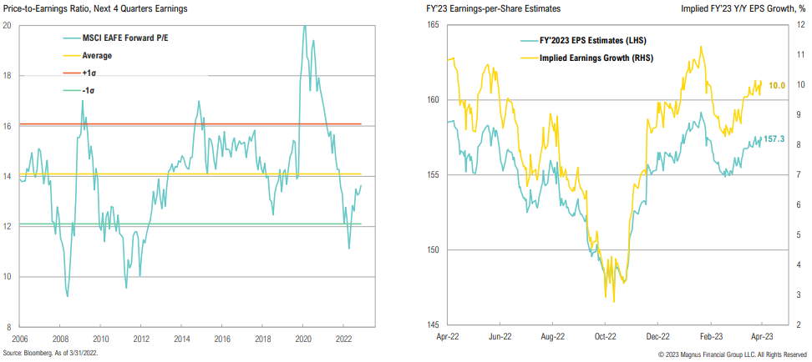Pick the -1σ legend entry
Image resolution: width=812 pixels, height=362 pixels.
[x=90, y=89]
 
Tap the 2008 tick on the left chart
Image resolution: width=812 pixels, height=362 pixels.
[x=59, y=339]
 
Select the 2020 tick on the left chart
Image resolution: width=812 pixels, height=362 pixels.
[x=304, y=339]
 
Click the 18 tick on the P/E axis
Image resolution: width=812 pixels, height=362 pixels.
[x=8, y=75]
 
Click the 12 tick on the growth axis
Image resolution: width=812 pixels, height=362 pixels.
[x=799, y=25]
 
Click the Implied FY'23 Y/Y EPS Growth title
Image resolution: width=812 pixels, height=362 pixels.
[x=744, y=8]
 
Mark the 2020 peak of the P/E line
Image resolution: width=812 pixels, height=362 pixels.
[x=304, y=26]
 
